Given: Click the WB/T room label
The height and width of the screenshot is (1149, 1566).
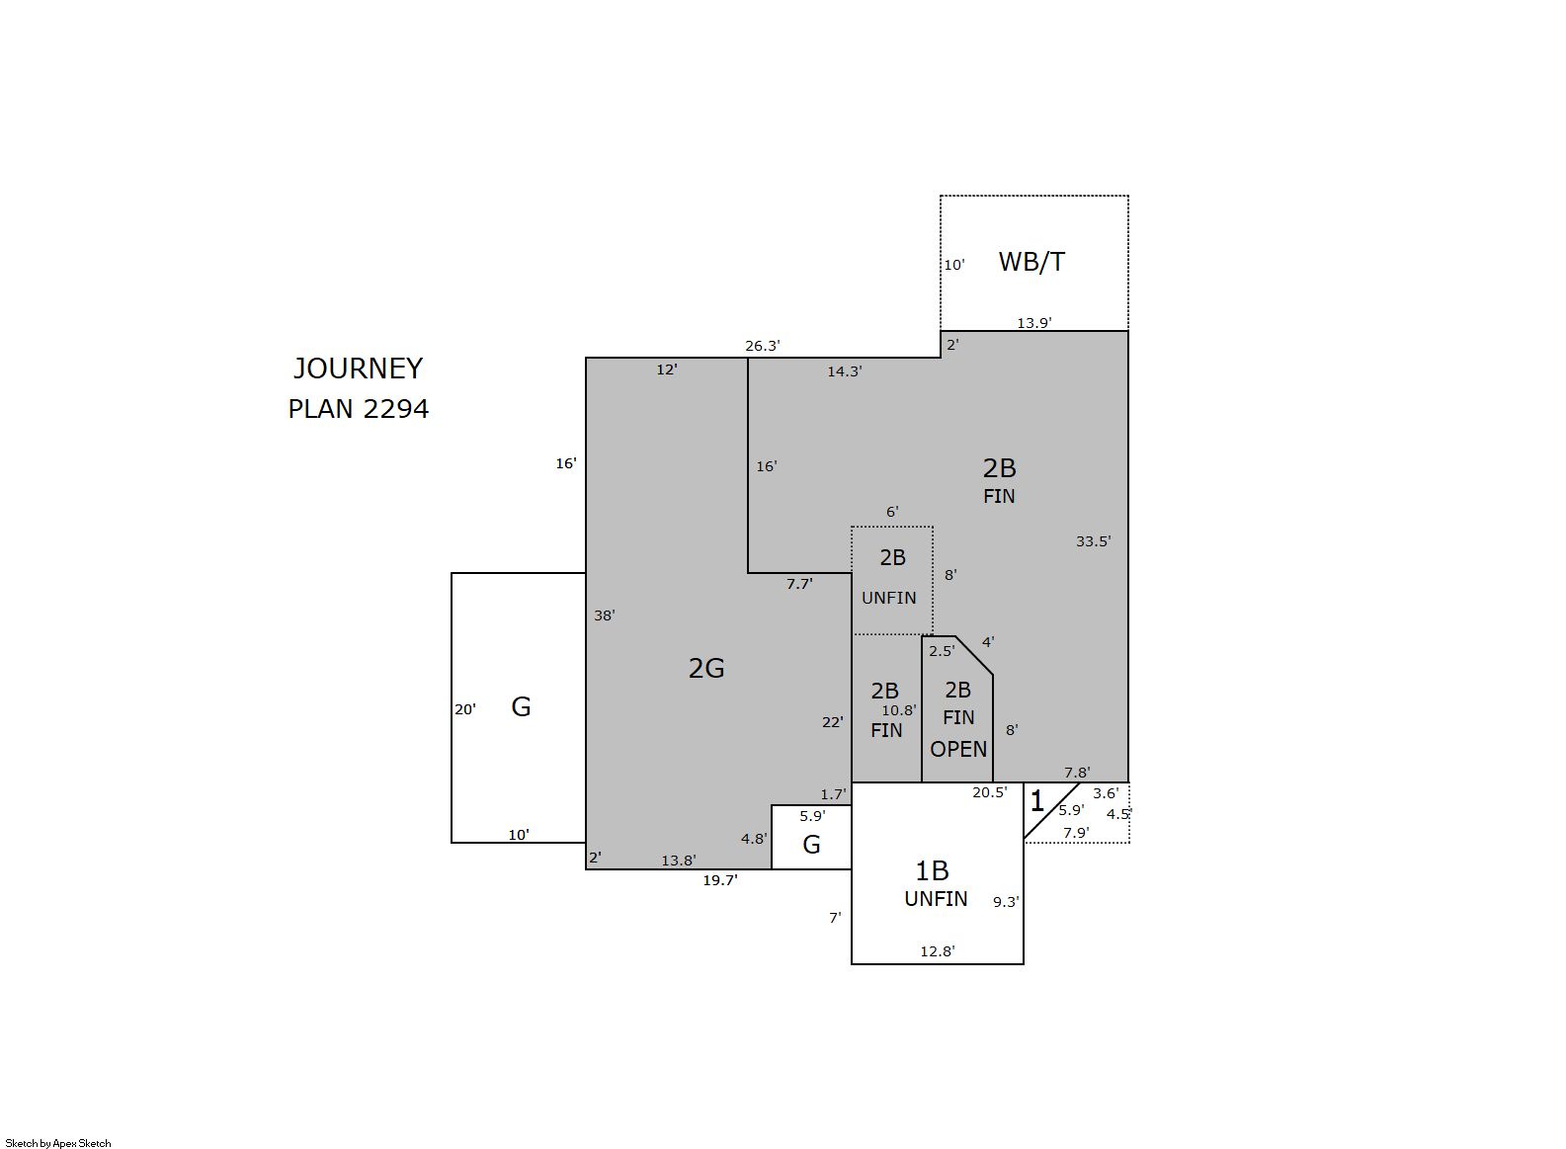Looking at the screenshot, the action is click(1031, 262).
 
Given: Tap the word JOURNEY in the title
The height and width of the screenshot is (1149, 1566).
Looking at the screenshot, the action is click(358, 369).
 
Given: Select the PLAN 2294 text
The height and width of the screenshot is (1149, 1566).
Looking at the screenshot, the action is click(358, 409).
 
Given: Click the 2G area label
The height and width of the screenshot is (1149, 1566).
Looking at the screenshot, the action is click(706, 669).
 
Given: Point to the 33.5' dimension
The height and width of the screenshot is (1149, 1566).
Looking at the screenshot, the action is click(1093, 541).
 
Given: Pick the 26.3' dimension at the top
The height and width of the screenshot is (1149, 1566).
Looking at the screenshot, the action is click(762, 345).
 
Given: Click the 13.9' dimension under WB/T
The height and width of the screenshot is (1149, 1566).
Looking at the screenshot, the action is click(1034, 323).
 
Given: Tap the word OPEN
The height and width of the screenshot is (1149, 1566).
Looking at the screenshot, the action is click(957, 749).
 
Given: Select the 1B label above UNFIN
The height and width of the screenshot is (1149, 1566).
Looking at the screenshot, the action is click(932, 870).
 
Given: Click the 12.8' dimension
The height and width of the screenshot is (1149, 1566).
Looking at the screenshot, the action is click(937, 951).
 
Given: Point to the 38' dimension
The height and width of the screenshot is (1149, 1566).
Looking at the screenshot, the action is click(604, 616).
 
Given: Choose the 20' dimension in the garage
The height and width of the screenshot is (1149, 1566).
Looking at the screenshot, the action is click(465, 709).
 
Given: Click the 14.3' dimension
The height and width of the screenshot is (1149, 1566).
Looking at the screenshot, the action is click(845, 371).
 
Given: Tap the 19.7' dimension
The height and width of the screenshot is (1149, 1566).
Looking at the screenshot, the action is click(720, 880).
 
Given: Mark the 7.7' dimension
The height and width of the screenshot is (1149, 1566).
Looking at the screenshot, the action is click(799, 584).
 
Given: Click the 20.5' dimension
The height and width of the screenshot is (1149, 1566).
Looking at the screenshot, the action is click(989, 792).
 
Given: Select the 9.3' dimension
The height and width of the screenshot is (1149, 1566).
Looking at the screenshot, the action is click(1006, 902).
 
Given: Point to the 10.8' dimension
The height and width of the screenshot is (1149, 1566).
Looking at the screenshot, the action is click(898, 710).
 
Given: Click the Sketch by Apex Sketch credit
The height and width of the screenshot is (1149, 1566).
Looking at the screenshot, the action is click(58, 1143).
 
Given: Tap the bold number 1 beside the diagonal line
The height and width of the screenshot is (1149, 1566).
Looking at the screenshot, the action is click(1037, 801).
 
